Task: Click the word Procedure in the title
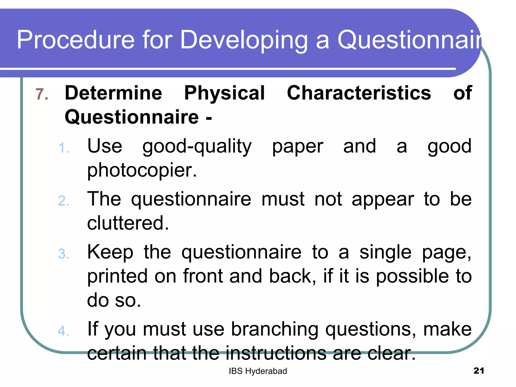click(x=76, y=40)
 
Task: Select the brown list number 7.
click(x=42, y=94)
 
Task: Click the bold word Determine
click(x=113, y=93)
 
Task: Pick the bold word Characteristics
click(x=359, y=93)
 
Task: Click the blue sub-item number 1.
click(x=63, y=148)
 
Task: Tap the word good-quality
click(x=197, y=147)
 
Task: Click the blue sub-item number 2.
click(x=63, y=201)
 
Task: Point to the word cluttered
click(x=128, y=223)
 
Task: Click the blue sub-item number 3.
click(x=63, y=254)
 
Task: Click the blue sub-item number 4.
click(x=63, y=331)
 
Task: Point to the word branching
click(x=275, y=329)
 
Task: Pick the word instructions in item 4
click(x=276, y=353)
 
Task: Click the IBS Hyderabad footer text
click(x=258, y=371)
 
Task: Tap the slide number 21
click(x=479, y=371)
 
